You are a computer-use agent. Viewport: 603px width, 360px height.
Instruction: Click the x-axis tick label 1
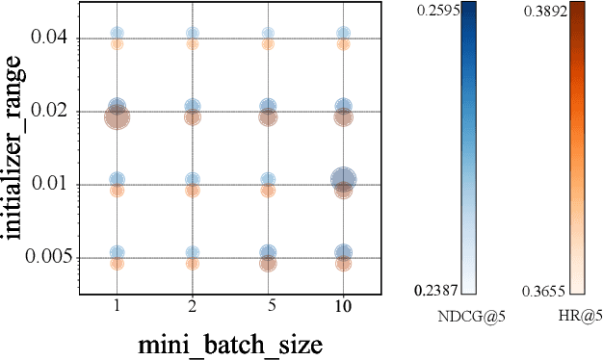(x=117, y=306)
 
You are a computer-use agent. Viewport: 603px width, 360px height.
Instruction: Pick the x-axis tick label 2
(x=193, y=306)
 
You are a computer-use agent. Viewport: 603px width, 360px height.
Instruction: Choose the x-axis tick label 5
(x=268, y=306)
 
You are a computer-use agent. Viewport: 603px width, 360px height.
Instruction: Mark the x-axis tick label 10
(x=343, y=306)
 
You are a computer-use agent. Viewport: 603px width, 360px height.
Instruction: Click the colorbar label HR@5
(x=577, y=314)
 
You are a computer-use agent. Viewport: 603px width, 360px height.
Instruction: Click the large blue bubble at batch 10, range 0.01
(x=343, y=178)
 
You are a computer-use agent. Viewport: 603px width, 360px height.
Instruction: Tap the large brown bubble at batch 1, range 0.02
(x=117, y=117)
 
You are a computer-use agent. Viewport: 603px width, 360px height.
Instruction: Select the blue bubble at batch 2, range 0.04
(x=193, y=34)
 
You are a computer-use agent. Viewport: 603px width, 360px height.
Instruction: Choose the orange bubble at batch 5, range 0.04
(x=268, y=43)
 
